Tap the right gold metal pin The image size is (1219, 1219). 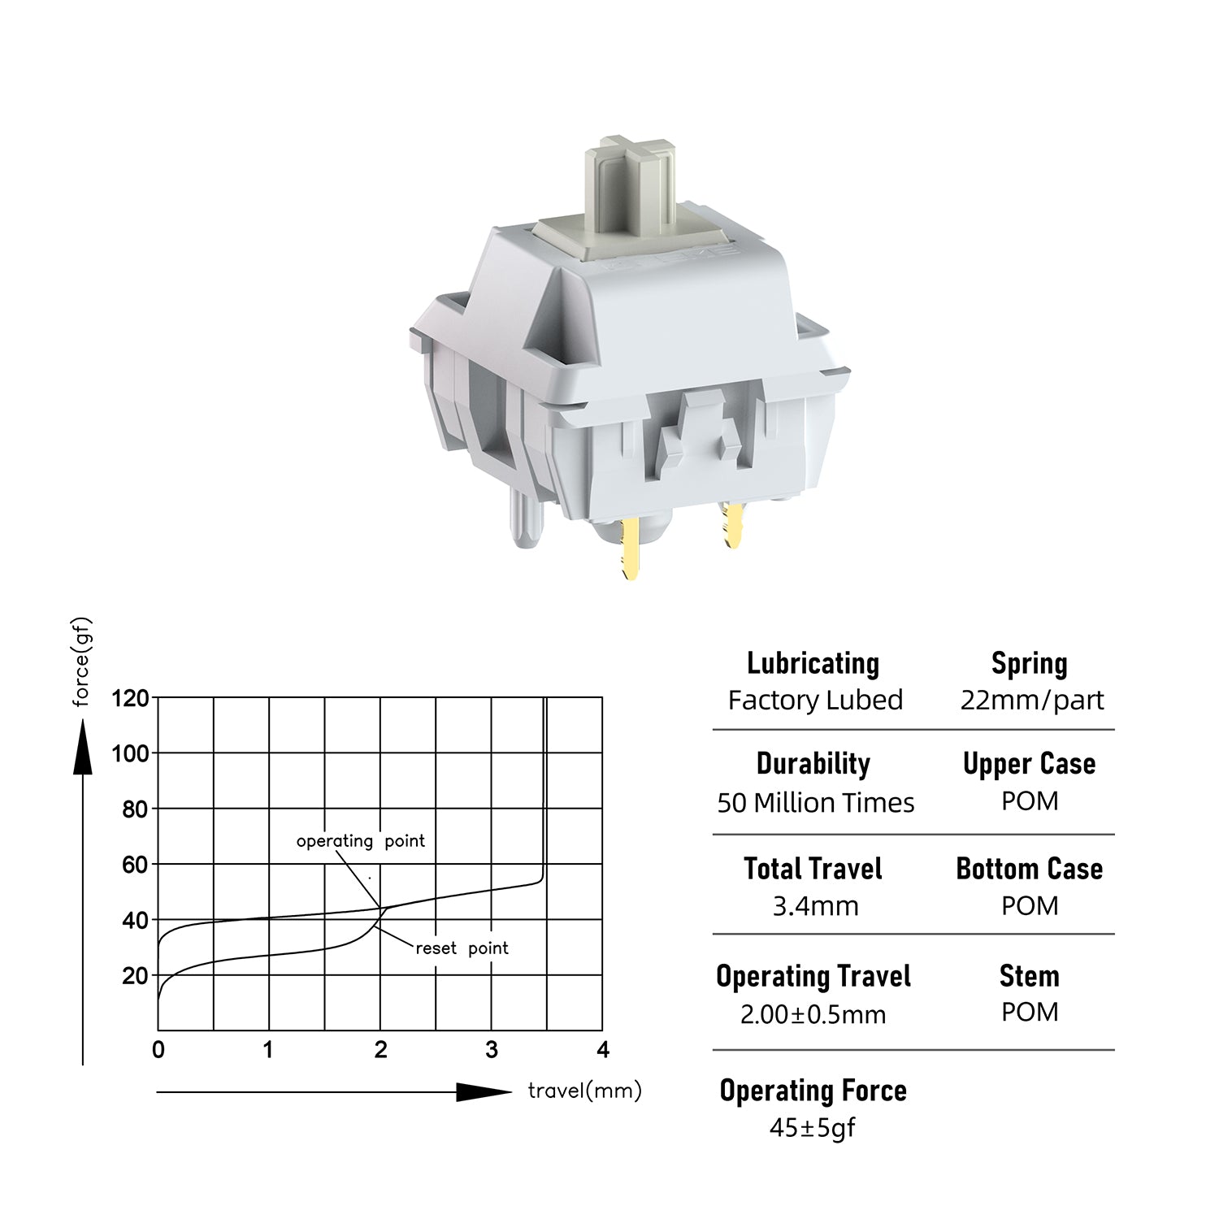tap(731, 524)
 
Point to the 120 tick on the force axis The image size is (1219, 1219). tap(130, 698)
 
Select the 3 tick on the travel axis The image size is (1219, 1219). tap(492, 1050)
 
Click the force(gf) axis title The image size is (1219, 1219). tap(81, 662)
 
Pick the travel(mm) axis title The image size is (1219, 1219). tap(584, 1091)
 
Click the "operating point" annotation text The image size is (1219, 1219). tap(360, 841)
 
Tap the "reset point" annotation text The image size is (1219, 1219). tap(462, 948)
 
